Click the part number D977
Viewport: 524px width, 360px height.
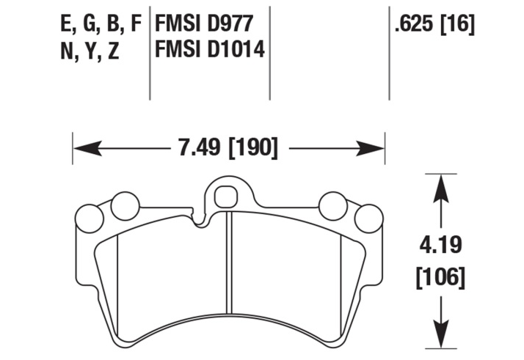[230, 24]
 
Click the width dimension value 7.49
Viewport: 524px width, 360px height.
[197, 149]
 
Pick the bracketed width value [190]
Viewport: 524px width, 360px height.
[253, 149]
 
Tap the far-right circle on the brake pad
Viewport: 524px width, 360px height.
[368, 217]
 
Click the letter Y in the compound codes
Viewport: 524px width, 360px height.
[90, 51]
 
